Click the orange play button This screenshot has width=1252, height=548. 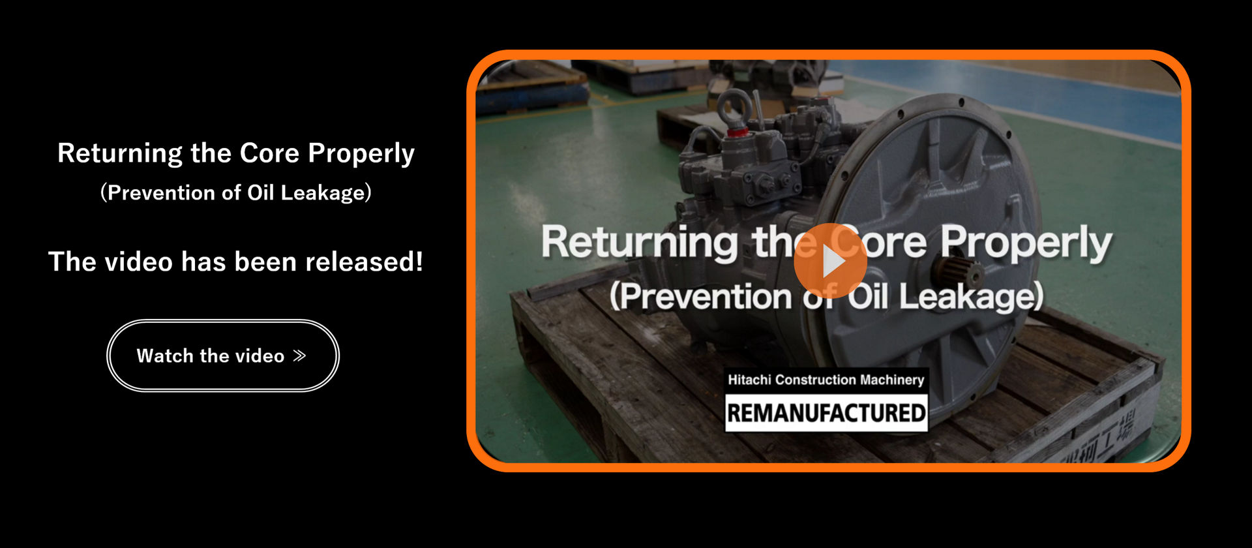[x=830, y=260]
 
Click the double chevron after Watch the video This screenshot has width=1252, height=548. [x=299, y=356]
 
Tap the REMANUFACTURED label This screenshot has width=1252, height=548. [x=826, y=413]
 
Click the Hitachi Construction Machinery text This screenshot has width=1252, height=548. [x=826, y=380]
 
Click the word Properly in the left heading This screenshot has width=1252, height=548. [x=361, y=154]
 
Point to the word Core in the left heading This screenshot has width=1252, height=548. [x=269, y=153]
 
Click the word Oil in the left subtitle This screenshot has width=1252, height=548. [x=260, y=192]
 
